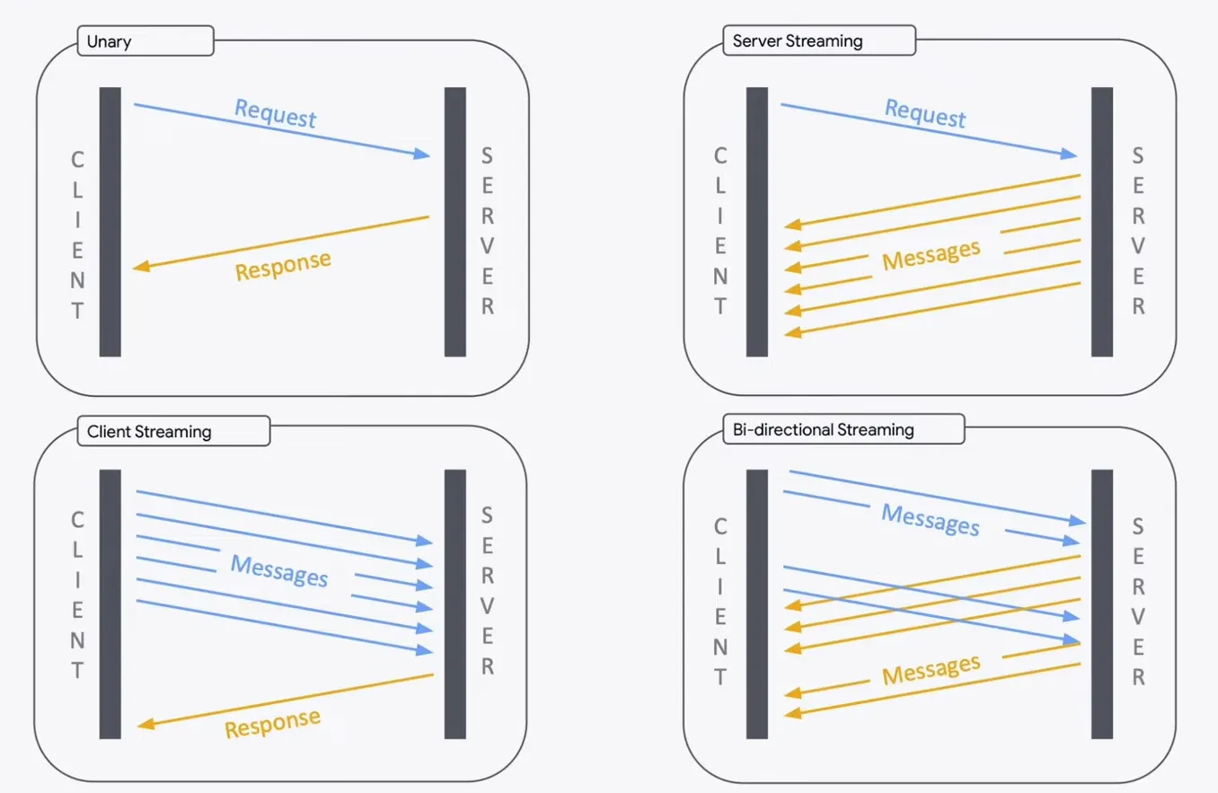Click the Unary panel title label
106,41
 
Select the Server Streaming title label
797,41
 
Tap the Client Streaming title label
149,431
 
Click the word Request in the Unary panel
276,113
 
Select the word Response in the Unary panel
283,264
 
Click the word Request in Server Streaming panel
925,113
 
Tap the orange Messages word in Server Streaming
931,254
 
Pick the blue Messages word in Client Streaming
279,570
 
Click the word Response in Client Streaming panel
272,722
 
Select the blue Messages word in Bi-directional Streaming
930,519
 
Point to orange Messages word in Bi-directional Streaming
931,669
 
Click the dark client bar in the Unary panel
110,222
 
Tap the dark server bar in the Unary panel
455,222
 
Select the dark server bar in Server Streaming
1102,222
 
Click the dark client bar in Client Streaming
110,604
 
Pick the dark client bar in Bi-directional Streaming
757,604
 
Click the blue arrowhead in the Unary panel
422,154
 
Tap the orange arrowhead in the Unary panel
141,267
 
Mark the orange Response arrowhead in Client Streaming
145,727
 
